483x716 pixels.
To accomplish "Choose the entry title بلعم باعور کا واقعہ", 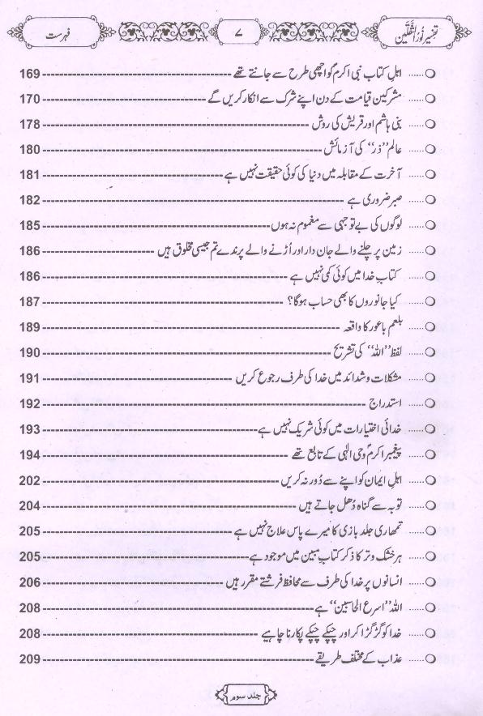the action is coord(380,327).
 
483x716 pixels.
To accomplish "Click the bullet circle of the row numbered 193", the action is coord(431,428).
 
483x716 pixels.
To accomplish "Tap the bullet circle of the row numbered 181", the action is coord(431,174).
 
